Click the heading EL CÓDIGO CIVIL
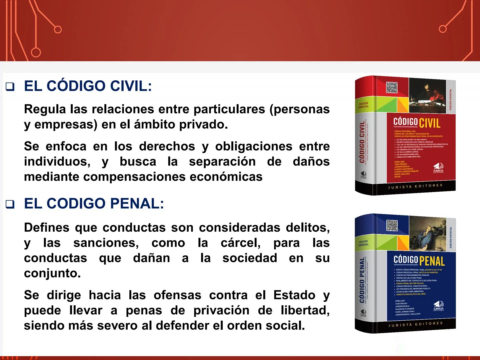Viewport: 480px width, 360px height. coord(88,86)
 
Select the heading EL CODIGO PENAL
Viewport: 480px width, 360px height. coord(94,204)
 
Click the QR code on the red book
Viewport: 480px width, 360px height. coord(392,87)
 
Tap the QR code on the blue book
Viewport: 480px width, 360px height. coord(392,226)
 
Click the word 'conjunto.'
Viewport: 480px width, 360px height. coord(52,273)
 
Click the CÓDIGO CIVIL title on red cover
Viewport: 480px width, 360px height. coord(417,122)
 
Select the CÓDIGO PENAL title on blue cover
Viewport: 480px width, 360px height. coord(419,260)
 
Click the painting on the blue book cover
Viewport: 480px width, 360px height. coord(428,231)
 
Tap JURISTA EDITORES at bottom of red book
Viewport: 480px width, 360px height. coord(415,186)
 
